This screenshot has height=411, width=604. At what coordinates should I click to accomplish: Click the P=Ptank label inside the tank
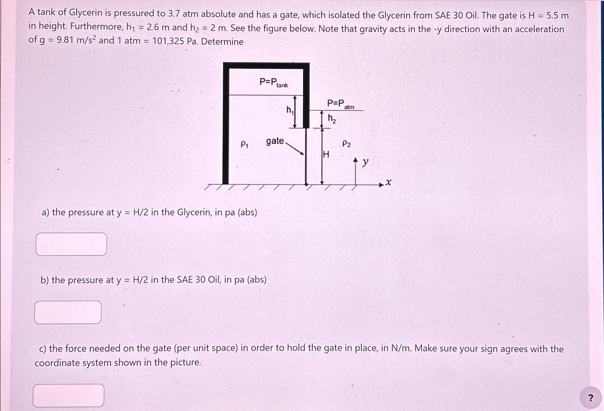(273, 83)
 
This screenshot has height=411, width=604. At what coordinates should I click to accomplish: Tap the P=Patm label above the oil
(340, 104)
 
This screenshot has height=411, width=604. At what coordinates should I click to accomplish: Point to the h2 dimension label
(332, 119)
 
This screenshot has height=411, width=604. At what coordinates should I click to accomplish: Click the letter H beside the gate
(326, 155)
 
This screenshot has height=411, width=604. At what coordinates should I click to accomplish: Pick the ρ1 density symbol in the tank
(244, 144)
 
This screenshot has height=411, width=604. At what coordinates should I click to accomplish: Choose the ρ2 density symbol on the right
(346, 144)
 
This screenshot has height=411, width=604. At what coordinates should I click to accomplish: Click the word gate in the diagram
(275, 141)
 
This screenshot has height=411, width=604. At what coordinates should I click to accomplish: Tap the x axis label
(388, 183)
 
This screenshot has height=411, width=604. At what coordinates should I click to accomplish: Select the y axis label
(365, 162)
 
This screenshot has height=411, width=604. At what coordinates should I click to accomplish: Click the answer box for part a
(71, 244)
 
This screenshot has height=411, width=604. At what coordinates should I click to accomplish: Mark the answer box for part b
(68, 312)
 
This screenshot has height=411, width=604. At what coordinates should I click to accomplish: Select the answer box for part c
(69, 395)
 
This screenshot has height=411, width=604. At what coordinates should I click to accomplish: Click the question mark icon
(591, 397)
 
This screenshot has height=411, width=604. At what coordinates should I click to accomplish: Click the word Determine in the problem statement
(222, 42)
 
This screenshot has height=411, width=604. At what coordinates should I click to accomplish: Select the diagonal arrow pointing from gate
(295, 148)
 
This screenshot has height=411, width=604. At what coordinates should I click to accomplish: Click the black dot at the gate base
(306, 184)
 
